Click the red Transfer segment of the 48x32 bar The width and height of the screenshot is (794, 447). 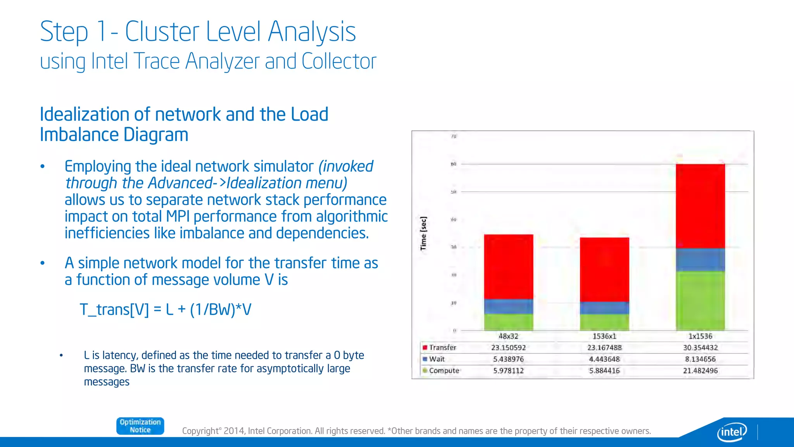tap(508, 267)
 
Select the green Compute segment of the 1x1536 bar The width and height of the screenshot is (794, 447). tap(700, 301)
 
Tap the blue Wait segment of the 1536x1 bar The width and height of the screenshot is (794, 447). tap(604, 308)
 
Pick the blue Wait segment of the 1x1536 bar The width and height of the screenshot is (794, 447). tap(700, 260)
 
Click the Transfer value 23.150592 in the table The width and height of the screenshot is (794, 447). tap(508, 348)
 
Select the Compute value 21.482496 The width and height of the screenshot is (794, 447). tap(700, 371)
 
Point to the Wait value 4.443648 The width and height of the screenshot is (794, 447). tap(604, 359)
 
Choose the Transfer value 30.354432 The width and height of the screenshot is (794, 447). tap(700, 348)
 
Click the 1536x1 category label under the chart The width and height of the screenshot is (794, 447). tap(604, 336)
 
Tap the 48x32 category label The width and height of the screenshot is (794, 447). tap(508, 336)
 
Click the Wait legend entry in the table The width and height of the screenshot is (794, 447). tap(437, 359)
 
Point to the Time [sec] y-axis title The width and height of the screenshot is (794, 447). tap(423, 234)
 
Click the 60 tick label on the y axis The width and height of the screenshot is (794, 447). tap(453, 164)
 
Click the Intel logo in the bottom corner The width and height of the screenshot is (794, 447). tap(732, 431)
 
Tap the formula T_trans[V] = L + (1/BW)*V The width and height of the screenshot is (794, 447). tap(166, 310)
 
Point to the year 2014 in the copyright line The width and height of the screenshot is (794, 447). tap(234, 431)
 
